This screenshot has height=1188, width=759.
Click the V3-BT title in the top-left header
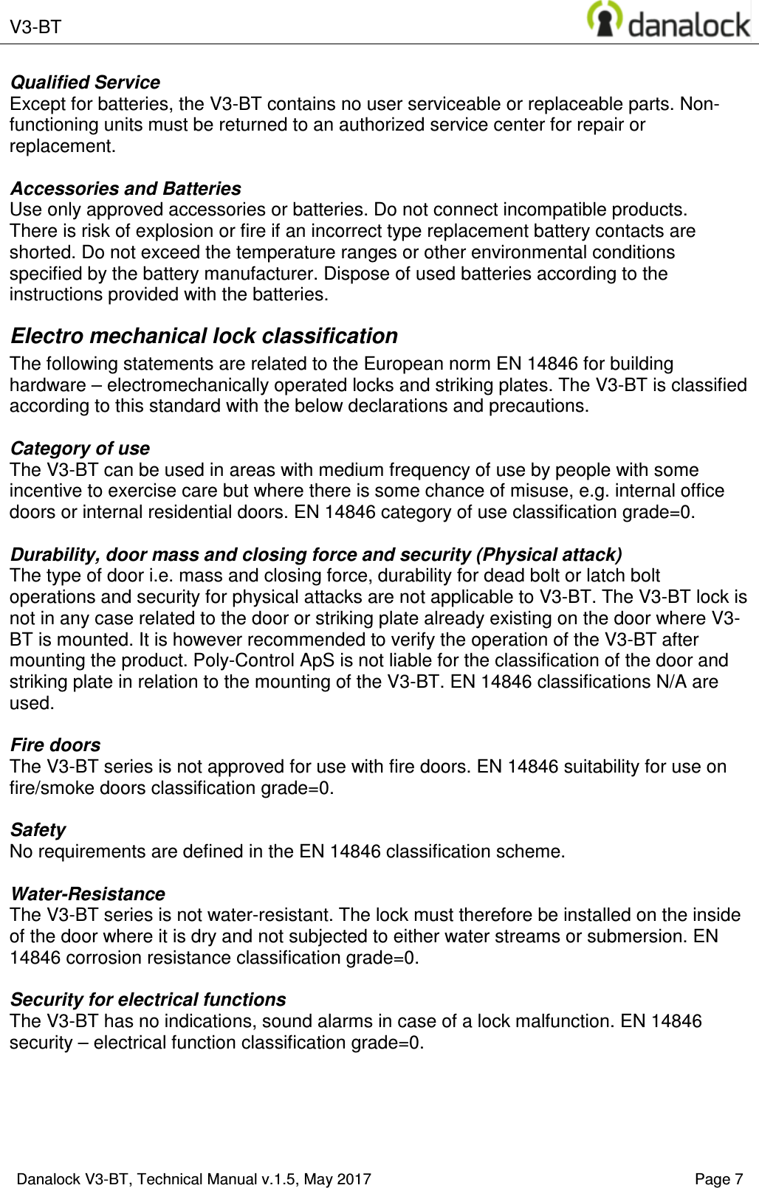pyautogui.click(x=35, y=27)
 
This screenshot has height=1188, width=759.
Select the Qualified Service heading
pyautogui.click(x=85, y=83)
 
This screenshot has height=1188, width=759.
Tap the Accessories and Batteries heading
pyautogui.click(x=126, y=189)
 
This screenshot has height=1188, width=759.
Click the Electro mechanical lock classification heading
pyautogui.click(x=204, y=336)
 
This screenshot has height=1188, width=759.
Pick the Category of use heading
pyautogui.click(x=80, y=449)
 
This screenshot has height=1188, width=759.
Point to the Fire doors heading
pyautogui.click(x=55, y=745)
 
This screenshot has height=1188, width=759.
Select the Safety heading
pyautogui.click(x=38, y=830)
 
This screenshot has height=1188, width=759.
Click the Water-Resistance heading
pyautogui.click(x=87, y=894)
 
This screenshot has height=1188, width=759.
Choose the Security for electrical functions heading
pyautogui.click(x=148, y=1000)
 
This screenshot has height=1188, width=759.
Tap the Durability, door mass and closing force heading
pyautogui.click(x=316, y=555)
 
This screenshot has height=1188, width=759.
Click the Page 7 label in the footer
pyautogui.click(x=718, y=1179)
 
